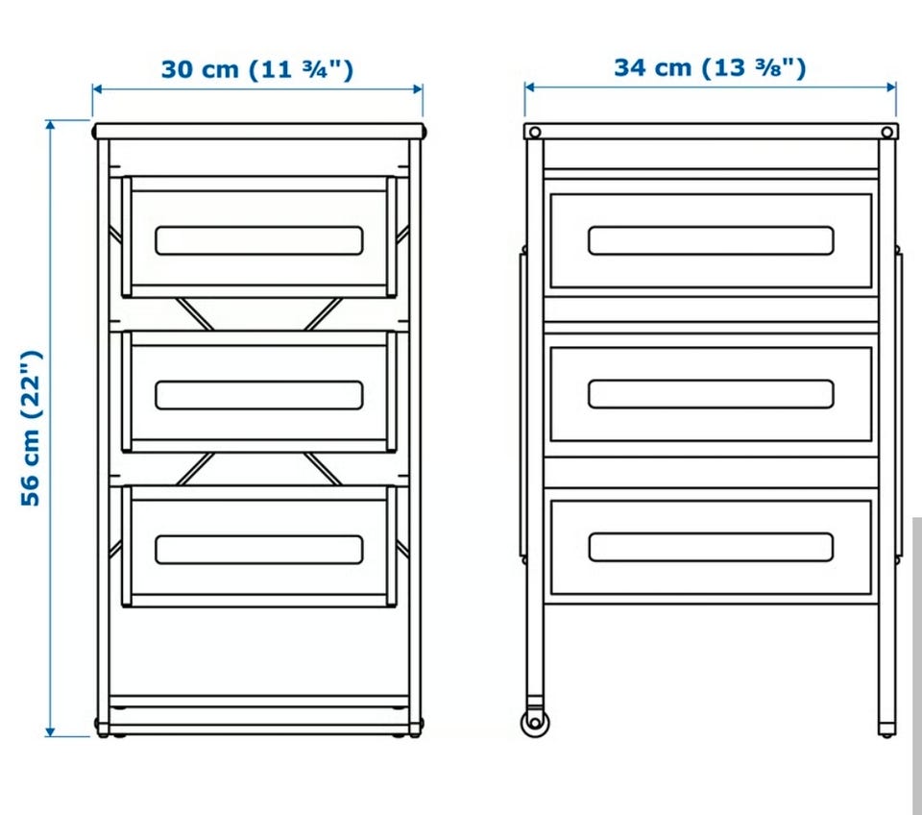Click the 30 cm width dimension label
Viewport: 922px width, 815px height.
coord(257,69)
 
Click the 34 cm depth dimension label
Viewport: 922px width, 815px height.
coord(710,67)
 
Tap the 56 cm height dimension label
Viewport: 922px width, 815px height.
coord(31,429)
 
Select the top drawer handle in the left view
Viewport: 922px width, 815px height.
coord(259,240)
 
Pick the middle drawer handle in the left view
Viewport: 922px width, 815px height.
coord(259,395)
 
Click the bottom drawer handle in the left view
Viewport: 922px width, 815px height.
coord(259,549)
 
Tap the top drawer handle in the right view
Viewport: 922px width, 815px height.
coord(711,240)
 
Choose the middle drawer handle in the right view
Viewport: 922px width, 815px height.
coord(711,394)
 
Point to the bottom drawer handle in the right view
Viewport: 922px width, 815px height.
coord(711,547)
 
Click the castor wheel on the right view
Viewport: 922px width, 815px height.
coord(535,722)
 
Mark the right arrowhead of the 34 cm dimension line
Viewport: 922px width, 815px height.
coord(891,87)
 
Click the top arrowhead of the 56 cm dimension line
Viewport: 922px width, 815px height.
coord(51,125)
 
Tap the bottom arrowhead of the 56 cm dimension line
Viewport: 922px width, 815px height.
coord(51,731)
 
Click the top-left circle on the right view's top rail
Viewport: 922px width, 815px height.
coord(535,132)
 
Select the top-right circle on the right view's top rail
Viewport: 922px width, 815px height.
coord(886,132)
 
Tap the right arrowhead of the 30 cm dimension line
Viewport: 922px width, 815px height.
coord(418,89)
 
